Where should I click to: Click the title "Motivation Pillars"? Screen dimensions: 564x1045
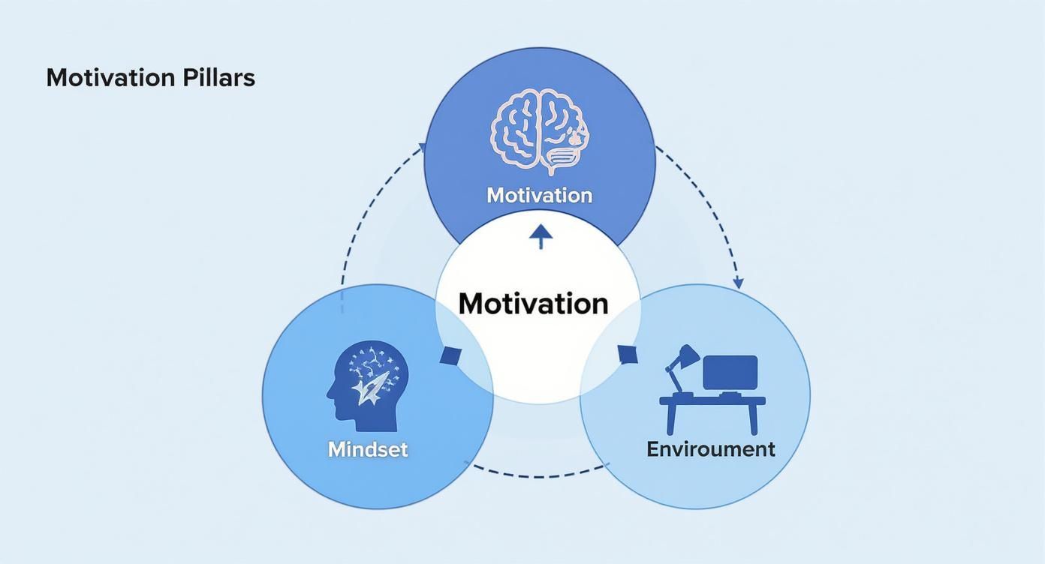pyautogui.click(x=150, y=78)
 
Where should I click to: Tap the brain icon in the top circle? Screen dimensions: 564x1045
pyautogui.click(x=540, y=130)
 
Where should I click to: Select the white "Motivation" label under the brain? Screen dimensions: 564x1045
pyautogui.click(x=539, y=195)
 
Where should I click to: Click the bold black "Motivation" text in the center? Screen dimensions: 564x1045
pyautogui.click(x=533, y=304)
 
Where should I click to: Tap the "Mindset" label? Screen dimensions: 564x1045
pyautogui.click(x=368, y=449)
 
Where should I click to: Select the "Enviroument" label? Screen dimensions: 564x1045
pyautogui.click(x=710, y=449)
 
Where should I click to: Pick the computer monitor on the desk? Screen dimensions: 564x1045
pyautogui.click(x=730, y=373)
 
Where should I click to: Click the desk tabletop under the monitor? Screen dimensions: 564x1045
pyautogui.click(x=712, y=401)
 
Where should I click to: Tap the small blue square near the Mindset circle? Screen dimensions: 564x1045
pyautogui.click(x=450, y=355)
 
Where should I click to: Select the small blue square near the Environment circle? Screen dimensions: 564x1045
pyautogui.click(x=628, y=354)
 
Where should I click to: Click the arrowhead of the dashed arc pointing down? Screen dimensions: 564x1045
pyautogui.click(x=738, y=283)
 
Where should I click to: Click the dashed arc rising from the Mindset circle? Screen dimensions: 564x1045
pyautogui.click(x=360, y=217)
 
